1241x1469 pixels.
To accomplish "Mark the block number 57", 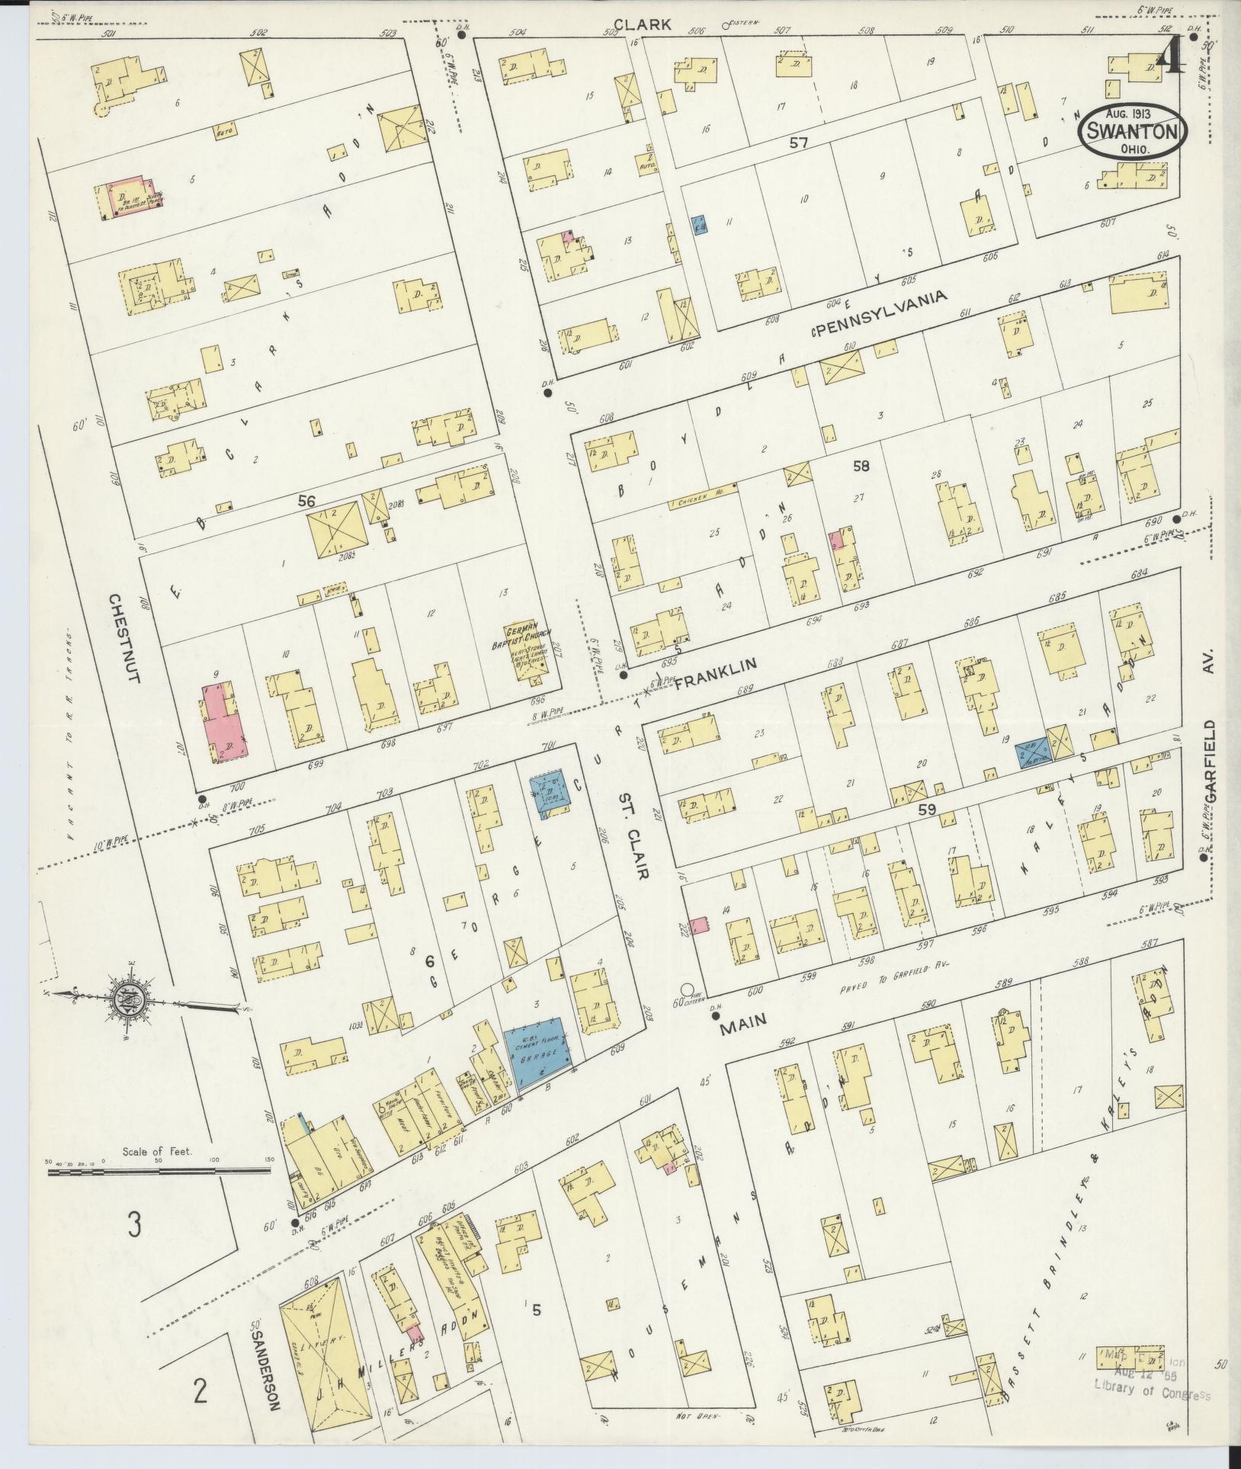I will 798,142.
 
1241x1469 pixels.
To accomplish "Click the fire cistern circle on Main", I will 682,992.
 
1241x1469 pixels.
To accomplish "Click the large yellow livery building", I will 325,1349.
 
